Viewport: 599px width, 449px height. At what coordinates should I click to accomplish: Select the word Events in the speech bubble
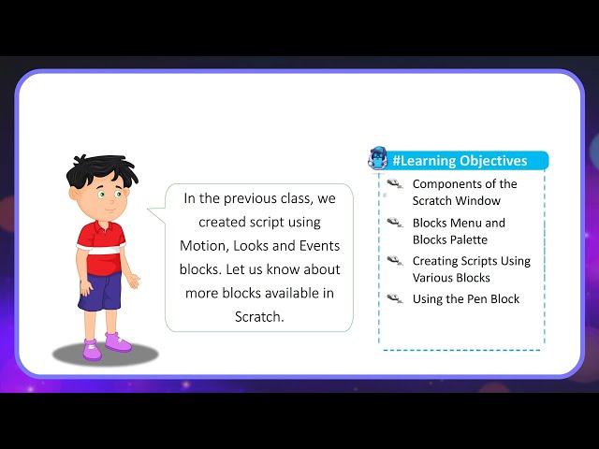pos(315,245)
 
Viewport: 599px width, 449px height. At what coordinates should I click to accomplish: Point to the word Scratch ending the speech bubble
pos(258,316)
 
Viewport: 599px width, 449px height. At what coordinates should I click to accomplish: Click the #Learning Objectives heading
pos(460,161)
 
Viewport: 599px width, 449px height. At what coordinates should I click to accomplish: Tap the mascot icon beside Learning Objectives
pos(378,158)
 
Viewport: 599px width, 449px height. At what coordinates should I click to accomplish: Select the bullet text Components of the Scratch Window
pos(464,192)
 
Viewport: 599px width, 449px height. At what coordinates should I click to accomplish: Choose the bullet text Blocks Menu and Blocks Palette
pos(459,231)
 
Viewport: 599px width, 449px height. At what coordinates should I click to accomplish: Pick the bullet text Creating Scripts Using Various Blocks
pos(471,269)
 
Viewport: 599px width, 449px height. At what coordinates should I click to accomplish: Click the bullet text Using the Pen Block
pos(465,299)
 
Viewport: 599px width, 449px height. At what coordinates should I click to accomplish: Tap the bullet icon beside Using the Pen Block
pos(394,298)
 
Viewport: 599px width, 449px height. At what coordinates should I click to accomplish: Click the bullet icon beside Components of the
pos(394,184)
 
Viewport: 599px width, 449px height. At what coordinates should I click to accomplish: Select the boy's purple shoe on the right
pos(119,341)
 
